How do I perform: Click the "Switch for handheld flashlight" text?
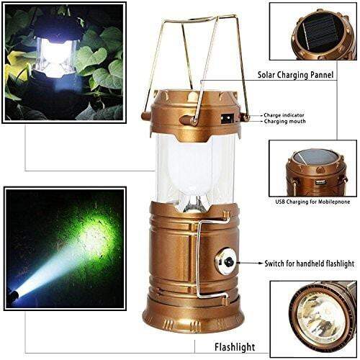[303, 265]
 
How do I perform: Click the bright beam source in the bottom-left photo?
[16, 294]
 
